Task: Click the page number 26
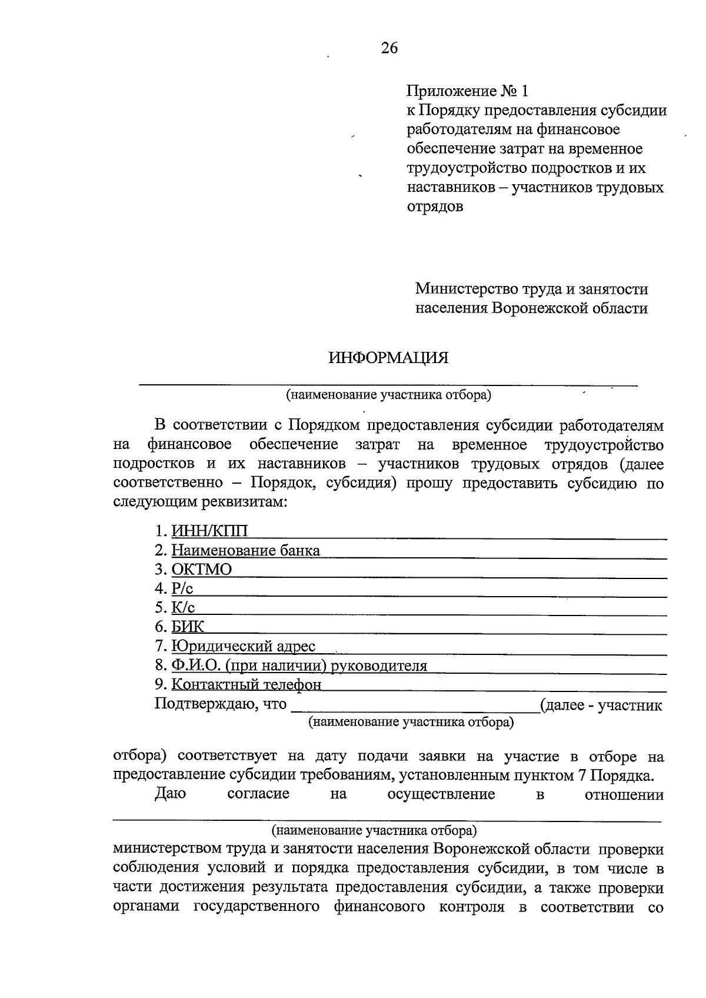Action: [x=389, y=48]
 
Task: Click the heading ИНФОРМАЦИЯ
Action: [x=388, y=358]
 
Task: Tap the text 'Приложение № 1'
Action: [x=468, y=91]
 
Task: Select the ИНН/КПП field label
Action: [x=209, y=531]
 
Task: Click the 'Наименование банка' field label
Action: [x=246, y=551]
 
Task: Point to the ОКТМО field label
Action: [x=202, y=570]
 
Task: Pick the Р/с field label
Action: [x=182, y=588]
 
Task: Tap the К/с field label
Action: [x=183, y=608]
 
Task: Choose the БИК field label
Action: [x=188, y=627]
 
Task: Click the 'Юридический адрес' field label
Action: [x=244, y=646]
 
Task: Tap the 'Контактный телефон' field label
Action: [x=247, y=685]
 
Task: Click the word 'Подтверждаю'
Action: [x=204, y=704]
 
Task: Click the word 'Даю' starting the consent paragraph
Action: [x=170, y=794]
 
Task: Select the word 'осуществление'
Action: [x=441, y=794]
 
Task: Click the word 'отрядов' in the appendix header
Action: [x=435, y=207]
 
